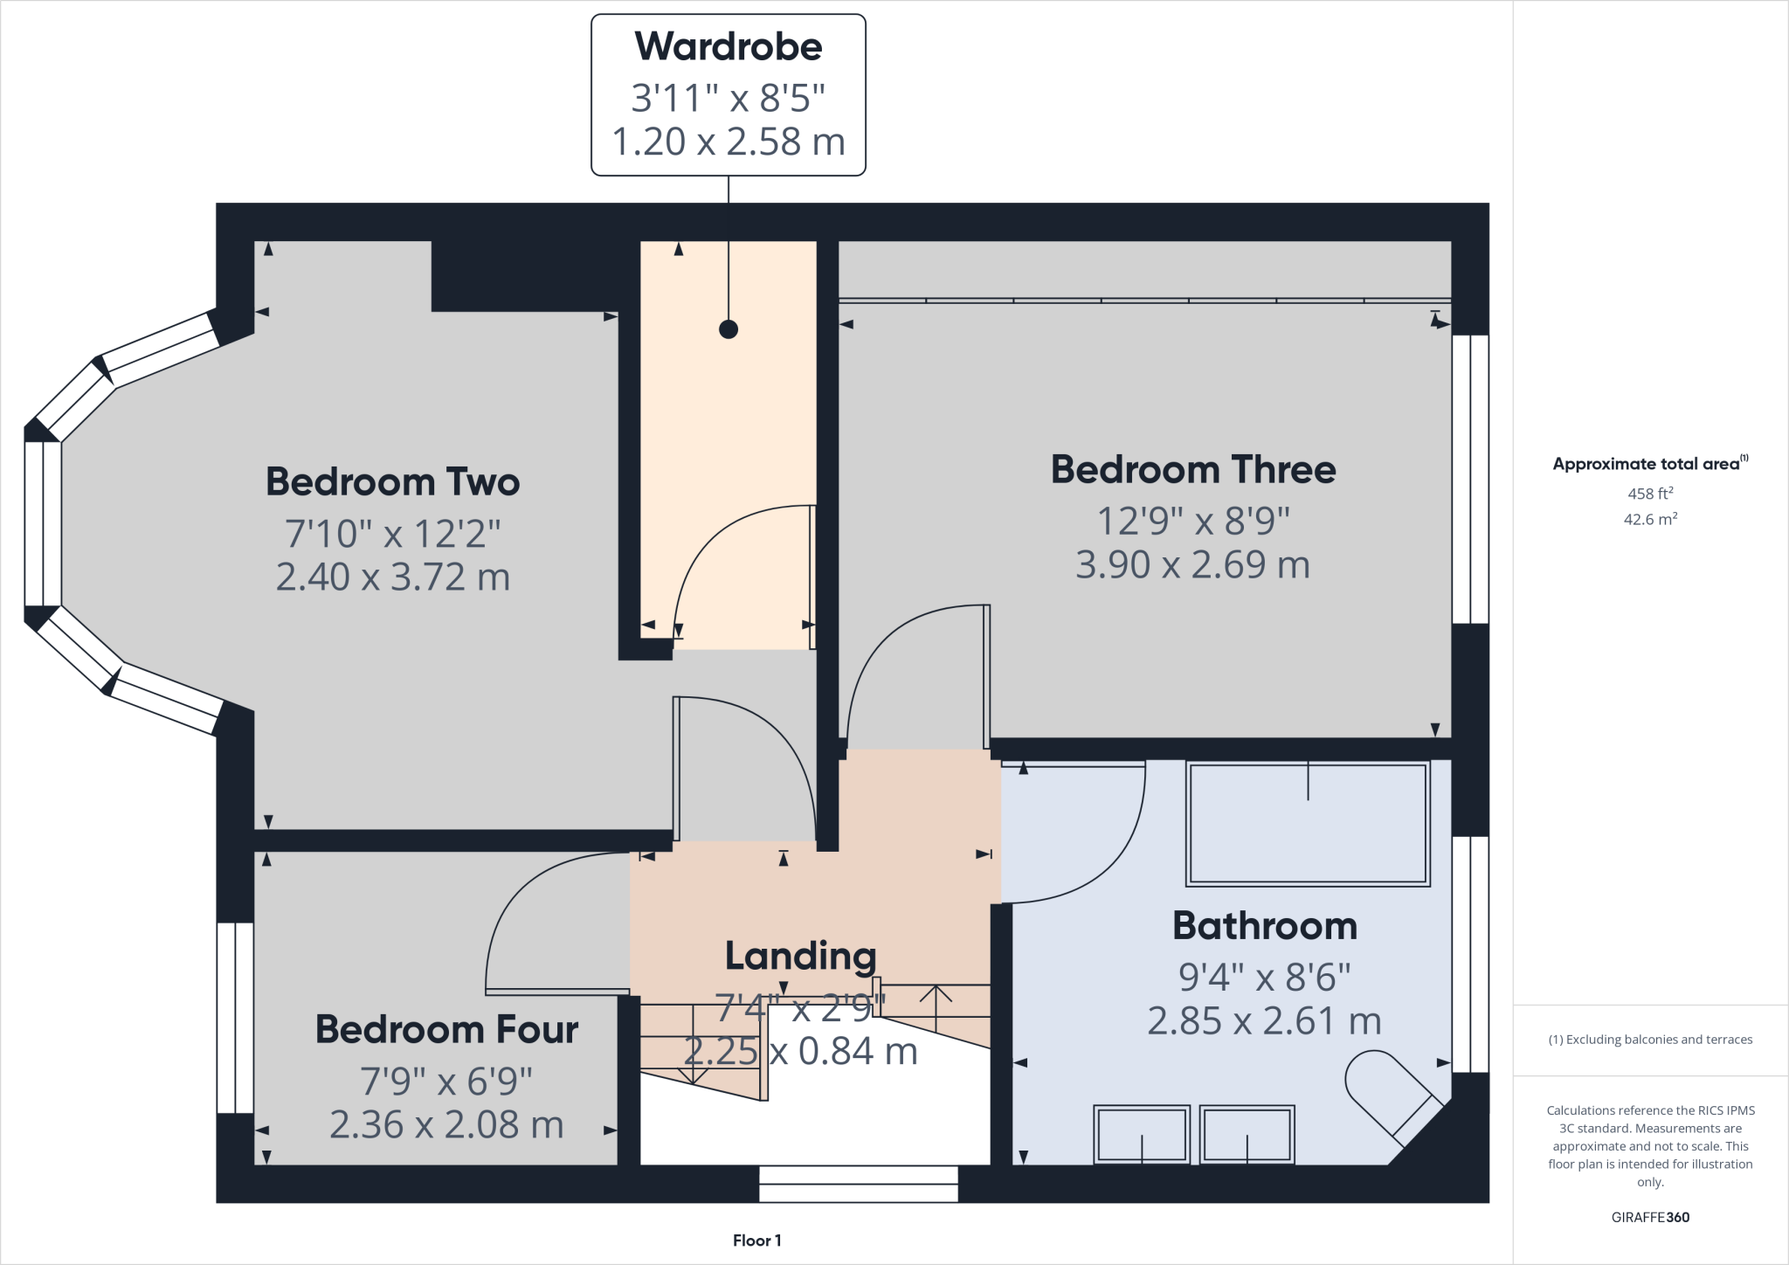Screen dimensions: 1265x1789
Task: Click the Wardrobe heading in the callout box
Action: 728,47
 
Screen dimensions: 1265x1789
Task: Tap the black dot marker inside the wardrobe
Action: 728,329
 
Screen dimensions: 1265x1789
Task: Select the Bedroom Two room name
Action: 392,482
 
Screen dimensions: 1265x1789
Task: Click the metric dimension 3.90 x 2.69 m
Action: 1192,565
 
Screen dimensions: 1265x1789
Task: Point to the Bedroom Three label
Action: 1192,470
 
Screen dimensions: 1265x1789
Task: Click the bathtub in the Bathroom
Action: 1307,825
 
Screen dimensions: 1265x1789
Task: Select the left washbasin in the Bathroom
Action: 1141,1135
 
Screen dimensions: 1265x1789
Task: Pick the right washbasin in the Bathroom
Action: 1247,1135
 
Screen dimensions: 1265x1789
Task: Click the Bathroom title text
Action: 1264,926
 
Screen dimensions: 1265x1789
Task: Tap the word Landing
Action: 800,956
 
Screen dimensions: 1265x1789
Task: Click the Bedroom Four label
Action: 446,1029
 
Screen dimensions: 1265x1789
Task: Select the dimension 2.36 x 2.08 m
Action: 446,1125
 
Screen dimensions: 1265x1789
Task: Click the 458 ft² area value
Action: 1649,494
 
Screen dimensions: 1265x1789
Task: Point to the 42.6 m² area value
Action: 1649,519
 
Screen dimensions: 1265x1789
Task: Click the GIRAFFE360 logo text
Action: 1649,1217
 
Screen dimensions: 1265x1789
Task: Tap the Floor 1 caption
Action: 756,1241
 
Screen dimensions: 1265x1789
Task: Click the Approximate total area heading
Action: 1649,464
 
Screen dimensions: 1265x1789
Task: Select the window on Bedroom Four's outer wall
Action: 235,1018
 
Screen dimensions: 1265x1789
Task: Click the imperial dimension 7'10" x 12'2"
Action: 392,533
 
